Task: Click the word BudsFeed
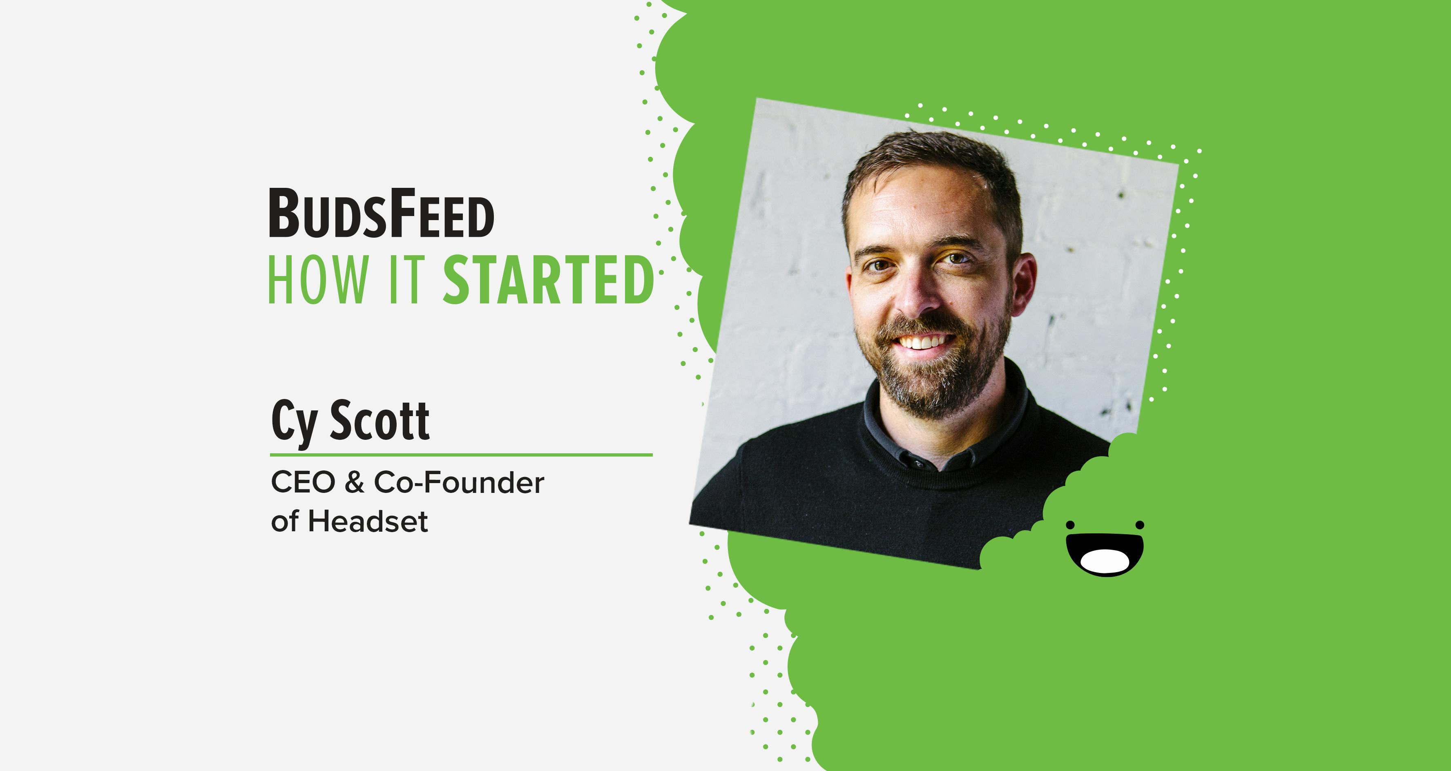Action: pos(382,213)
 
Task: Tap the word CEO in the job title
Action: pos(303,483)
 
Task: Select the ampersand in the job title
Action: pos(354,483)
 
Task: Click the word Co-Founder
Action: pos(459,483)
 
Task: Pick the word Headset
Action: pos(368,521)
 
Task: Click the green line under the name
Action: pos(461,454)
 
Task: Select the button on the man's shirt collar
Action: pos(918,464)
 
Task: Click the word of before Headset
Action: pos(284,521)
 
